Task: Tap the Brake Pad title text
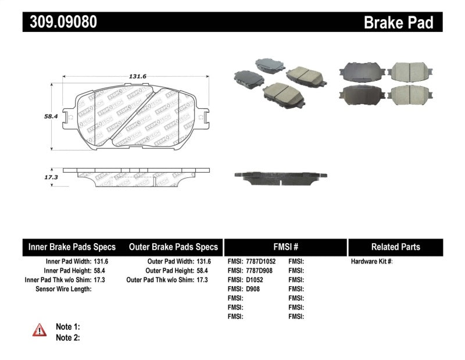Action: (398, 22)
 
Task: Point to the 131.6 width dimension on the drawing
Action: (138, 75)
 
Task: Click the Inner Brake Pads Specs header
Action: (72, 247)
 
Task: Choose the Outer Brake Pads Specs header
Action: (173, 247)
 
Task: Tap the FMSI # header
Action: (285, 247)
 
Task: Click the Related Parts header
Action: (395, 247)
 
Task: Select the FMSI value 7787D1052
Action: (262, 262)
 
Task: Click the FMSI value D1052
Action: (255, 280)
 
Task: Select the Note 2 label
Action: (67, 337)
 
